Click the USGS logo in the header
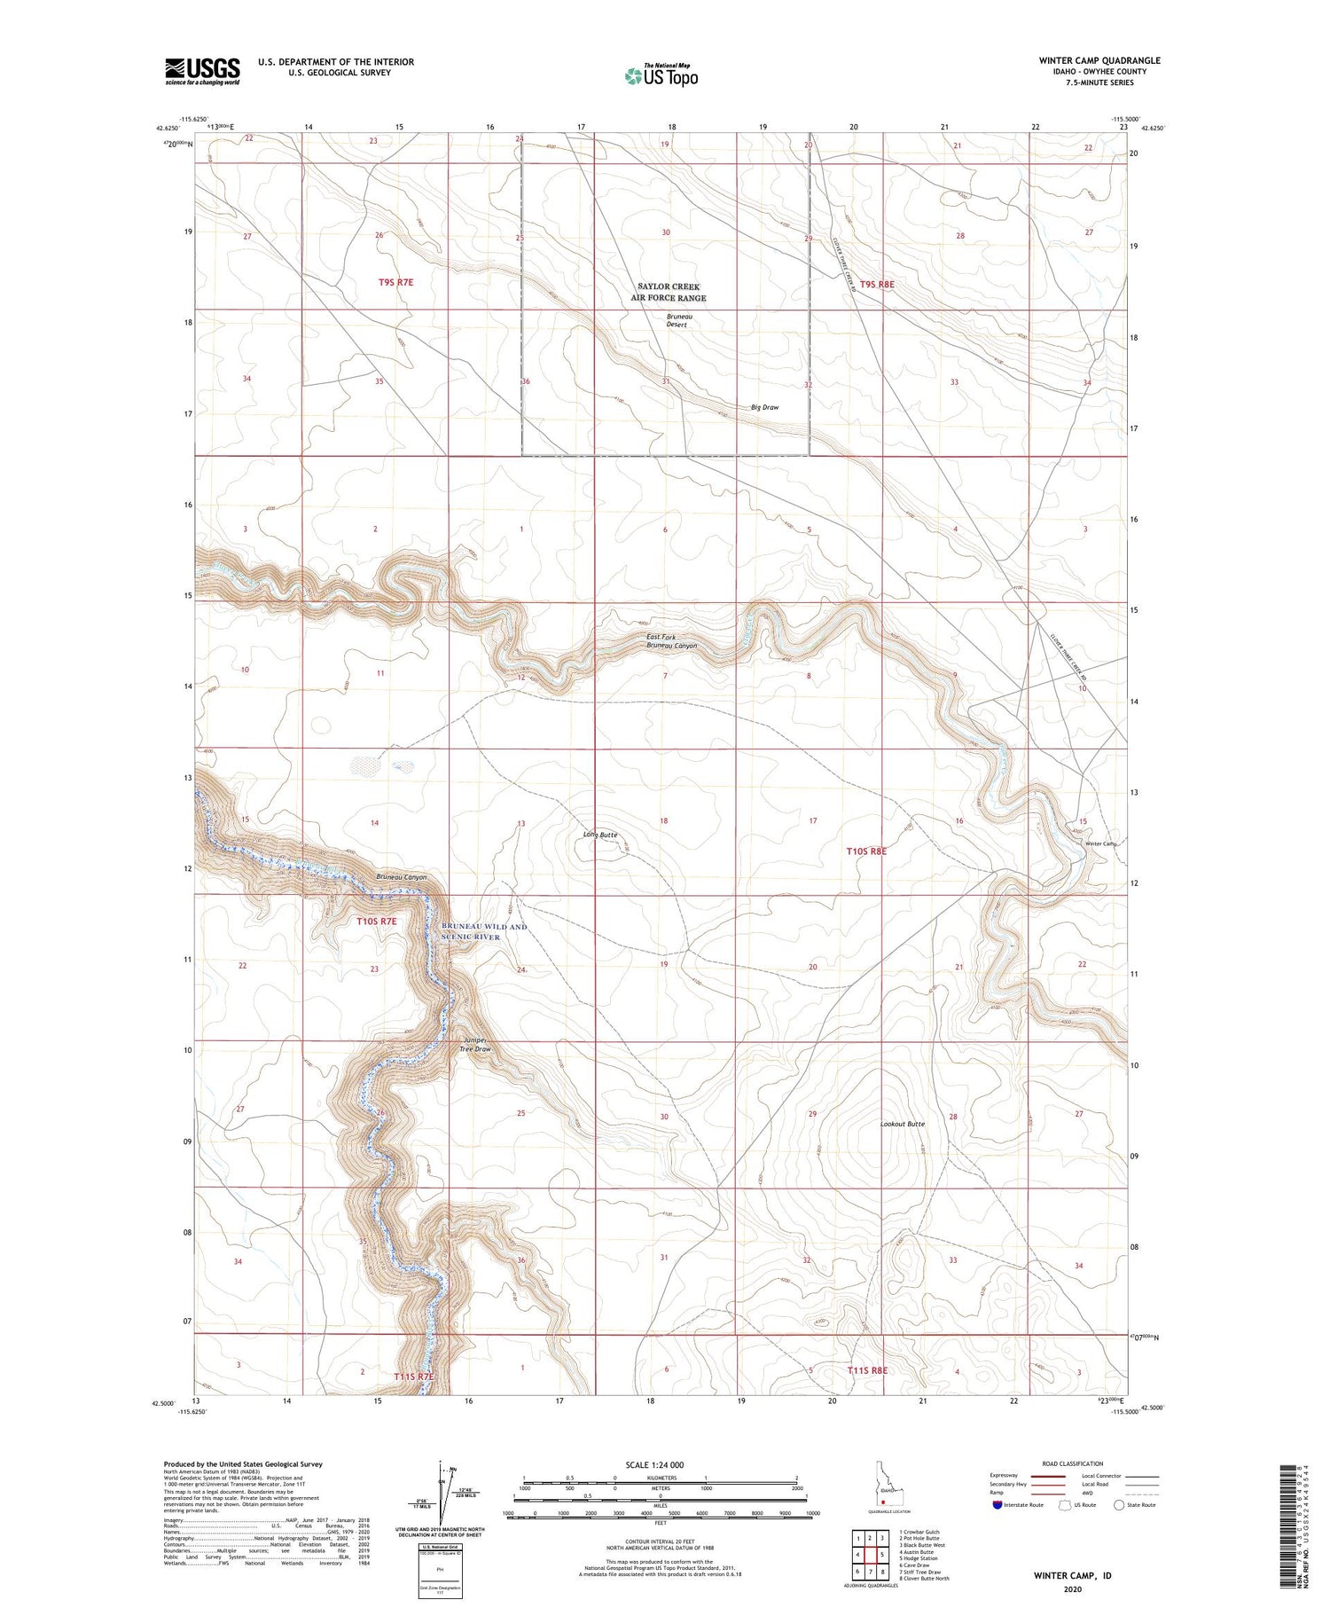point(202,71)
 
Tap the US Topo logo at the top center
point(661,75)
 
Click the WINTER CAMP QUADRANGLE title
point(1099,60)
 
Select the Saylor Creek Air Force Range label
point(671,292)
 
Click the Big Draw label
point(764,407)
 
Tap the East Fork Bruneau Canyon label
point(671,641)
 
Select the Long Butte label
point(600,835)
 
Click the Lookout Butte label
point(902,1124)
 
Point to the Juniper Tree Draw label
point(475,1045)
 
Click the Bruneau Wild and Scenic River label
point(484,931)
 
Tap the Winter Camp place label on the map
point(1100,843)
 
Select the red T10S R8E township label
point(865,851)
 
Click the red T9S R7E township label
point(395,281)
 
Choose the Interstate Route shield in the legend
point(999,1505)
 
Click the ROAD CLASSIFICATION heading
point(1072,1463)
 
